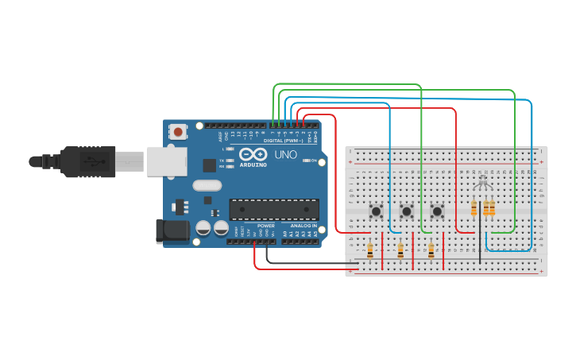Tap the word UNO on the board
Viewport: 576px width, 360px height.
tap(286, 154)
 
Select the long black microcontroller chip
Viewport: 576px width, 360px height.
tap(274, 209)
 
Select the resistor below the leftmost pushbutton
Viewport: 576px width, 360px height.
tap(370, 251)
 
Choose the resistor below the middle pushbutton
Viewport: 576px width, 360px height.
tap(400, 251)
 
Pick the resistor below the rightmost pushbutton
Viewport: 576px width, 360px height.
tap(431, 251)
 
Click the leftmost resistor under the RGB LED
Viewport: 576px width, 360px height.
tap(474, 209)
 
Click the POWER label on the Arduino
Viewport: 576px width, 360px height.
tap(265, 226)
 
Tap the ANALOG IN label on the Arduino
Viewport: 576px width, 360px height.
tap(303, 226)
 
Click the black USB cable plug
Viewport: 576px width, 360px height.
tap(87, 161)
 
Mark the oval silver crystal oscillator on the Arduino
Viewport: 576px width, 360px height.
tap(206, 186)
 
